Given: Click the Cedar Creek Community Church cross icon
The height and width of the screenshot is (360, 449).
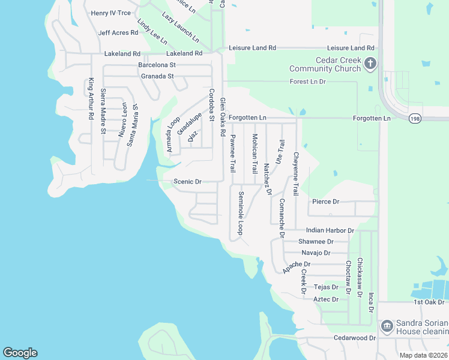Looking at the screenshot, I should coord(370,62).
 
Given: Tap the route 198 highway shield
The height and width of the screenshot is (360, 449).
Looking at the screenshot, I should coord(415,119).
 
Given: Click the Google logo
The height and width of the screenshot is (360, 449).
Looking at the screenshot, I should coord(20,353).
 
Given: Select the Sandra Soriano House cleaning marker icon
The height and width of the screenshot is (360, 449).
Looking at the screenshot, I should coord(387,326).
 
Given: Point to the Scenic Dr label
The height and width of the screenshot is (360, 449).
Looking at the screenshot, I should coord(187,181).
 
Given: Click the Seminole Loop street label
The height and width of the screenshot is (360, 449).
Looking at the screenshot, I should coord(241,212).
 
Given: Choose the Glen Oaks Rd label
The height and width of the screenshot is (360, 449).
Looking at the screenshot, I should coord(222,116).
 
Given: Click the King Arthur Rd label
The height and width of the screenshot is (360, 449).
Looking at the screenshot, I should coord(91,98).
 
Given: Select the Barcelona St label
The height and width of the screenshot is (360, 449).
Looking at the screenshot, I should coord(157,65).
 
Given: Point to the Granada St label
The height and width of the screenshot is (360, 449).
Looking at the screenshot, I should coord(157,76).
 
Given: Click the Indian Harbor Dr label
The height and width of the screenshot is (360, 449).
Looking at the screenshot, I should coord(330,230).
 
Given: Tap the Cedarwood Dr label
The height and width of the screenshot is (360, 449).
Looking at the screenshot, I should coord(355,338).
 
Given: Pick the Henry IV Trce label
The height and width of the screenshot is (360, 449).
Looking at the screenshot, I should coord(110,13).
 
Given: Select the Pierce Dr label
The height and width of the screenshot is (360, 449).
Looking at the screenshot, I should coord(325,202).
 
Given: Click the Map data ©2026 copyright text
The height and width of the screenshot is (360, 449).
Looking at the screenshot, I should coord(423,355).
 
